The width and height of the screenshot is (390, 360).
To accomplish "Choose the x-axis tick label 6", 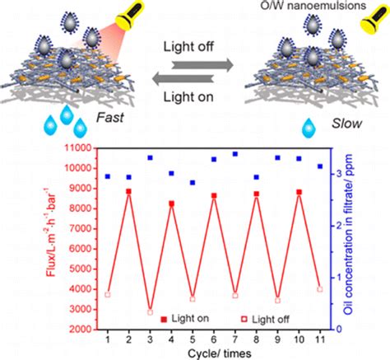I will click(213, 338).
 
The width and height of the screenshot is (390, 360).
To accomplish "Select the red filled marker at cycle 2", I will click(129, 191).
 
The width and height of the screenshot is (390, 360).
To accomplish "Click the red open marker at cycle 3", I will click(150, 312).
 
